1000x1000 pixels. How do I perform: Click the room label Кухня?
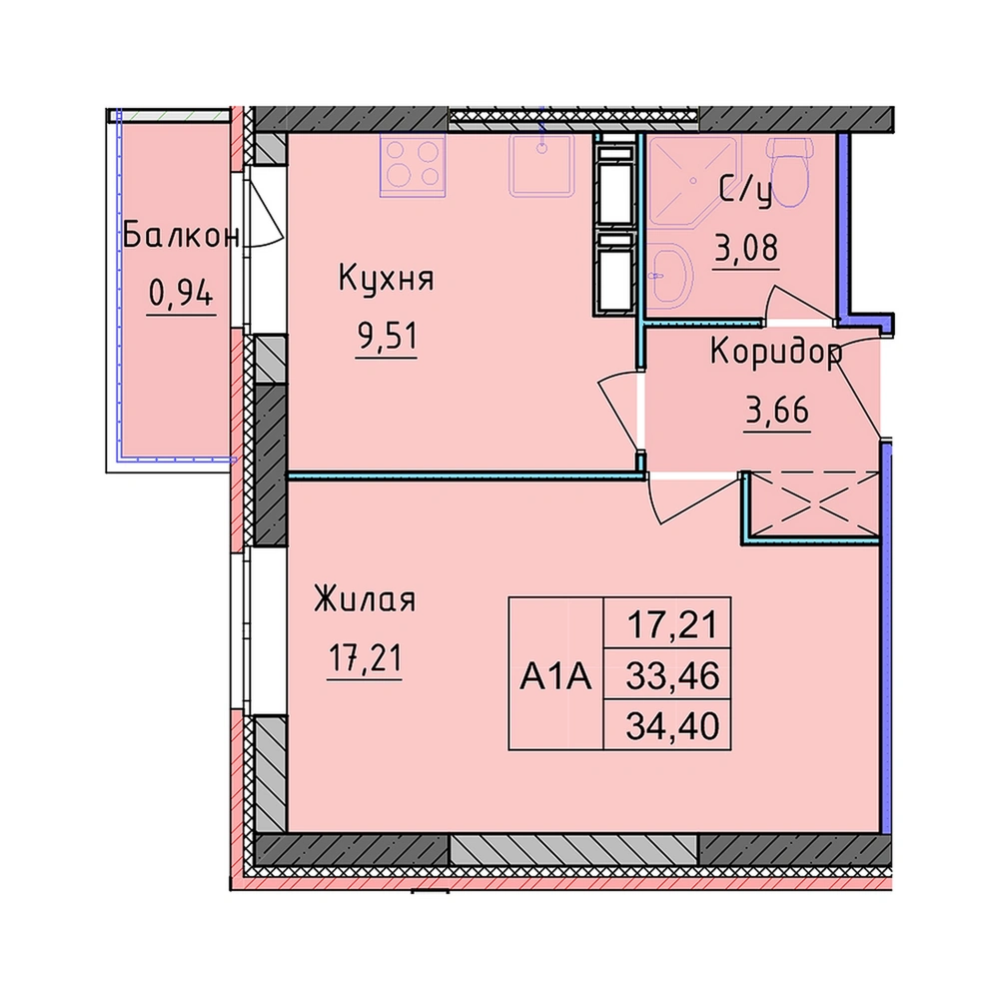(387, 278)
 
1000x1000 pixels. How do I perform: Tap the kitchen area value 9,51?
(387, 336)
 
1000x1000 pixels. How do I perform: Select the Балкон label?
(181, 235)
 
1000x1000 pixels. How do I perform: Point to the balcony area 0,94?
(181, 294)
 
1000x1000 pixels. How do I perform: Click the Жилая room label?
(365, 599)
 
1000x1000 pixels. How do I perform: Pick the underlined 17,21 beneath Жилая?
(365, 657)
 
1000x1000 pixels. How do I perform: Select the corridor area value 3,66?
(777, 410)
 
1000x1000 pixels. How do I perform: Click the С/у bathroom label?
(745, 192)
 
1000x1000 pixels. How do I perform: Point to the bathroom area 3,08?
(746, 248)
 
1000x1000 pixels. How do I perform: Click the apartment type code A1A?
(556, 676)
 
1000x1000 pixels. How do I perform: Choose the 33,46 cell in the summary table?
(672, 675)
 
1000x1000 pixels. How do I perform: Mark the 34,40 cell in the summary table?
(672, 725)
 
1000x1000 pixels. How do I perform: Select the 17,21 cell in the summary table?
(672, 624)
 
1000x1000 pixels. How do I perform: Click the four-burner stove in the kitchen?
(413, 165)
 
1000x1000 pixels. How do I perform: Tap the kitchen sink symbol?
(541, 165)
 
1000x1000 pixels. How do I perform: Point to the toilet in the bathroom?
(791, 172)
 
